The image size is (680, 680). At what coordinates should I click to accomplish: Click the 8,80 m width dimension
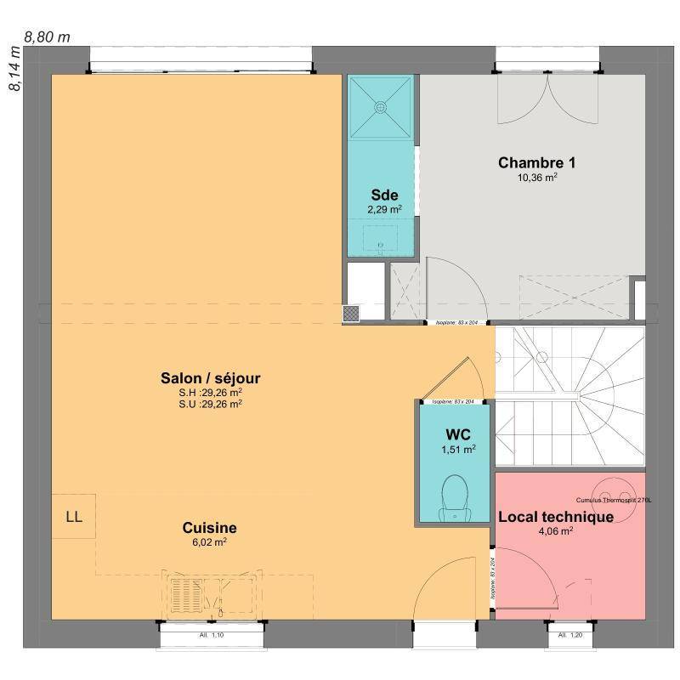tap(47, 37)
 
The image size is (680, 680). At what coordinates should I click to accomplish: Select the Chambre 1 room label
tap(537, 162)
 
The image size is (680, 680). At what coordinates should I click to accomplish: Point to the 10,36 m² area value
tap(537, 178)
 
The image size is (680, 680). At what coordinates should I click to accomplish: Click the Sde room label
tap(384, 195)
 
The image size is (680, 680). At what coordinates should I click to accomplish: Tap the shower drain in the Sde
tap(380, 108)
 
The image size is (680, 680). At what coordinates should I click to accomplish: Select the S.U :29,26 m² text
tap(205, 405)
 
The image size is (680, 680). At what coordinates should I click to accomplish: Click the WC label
tap(452, 434)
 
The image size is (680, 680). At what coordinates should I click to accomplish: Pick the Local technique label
tap(556, 516)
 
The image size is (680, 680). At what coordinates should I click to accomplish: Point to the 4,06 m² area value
tap(556, 531)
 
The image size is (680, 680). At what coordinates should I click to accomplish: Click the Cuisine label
tap(209, 527)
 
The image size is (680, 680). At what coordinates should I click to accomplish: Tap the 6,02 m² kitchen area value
tap(209, 541)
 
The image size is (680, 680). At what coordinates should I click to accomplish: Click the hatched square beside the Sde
tap(351, 313)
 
